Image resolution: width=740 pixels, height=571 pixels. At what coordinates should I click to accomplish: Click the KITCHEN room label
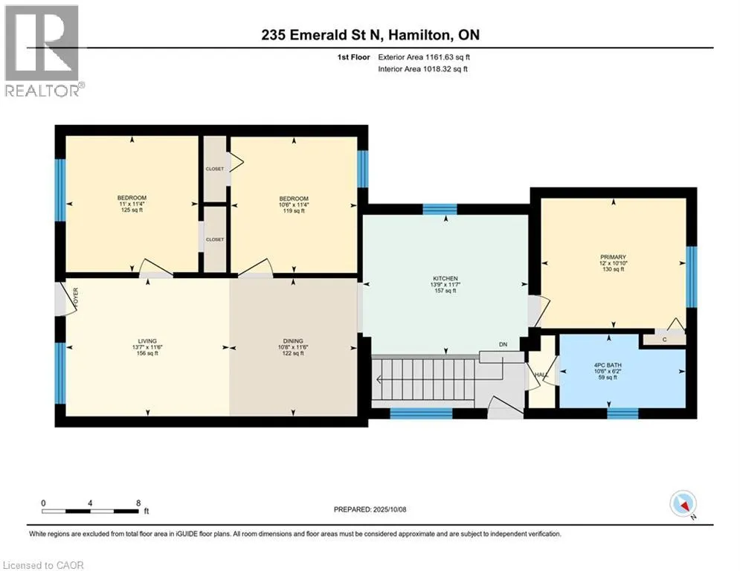coord(445,278)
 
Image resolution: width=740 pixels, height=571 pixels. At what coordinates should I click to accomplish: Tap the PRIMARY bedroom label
coord(613,257)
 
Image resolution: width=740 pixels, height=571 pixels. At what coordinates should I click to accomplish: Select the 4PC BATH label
coord(608,365)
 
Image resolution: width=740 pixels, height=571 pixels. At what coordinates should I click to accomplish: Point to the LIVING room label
coord(147,341)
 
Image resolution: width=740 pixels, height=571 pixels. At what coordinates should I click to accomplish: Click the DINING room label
coord(293,341)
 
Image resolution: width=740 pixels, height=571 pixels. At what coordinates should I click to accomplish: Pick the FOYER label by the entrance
coord(76,298)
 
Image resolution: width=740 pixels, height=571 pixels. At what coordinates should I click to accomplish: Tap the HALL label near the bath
coord(541,375)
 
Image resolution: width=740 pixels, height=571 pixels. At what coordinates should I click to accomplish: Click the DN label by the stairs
coord(503,344)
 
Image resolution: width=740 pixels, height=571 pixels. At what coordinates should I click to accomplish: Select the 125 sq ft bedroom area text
coord(132,210)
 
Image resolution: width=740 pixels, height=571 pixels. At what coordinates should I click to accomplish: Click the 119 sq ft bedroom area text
coord(294,211)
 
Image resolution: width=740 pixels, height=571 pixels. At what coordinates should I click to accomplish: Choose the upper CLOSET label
coord(215,169)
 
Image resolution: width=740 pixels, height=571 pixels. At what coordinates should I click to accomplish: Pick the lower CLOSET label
coord(215,239)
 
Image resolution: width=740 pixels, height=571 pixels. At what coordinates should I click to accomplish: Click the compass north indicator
coord(683,505)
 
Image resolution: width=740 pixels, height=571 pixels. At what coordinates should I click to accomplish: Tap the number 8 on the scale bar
coord(138,503)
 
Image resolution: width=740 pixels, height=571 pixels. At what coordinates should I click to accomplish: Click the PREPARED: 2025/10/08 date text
coord(370,509)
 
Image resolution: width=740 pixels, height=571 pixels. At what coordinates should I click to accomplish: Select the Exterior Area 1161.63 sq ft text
coord(424,57)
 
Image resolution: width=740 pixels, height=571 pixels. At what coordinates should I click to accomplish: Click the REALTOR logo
coord(43,51)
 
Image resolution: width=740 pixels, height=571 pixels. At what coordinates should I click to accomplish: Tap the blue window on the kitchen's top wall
coord(440,209)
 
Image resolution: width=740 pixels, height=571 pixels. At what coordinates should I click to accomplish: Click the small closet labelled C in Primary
coord(664,339)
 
